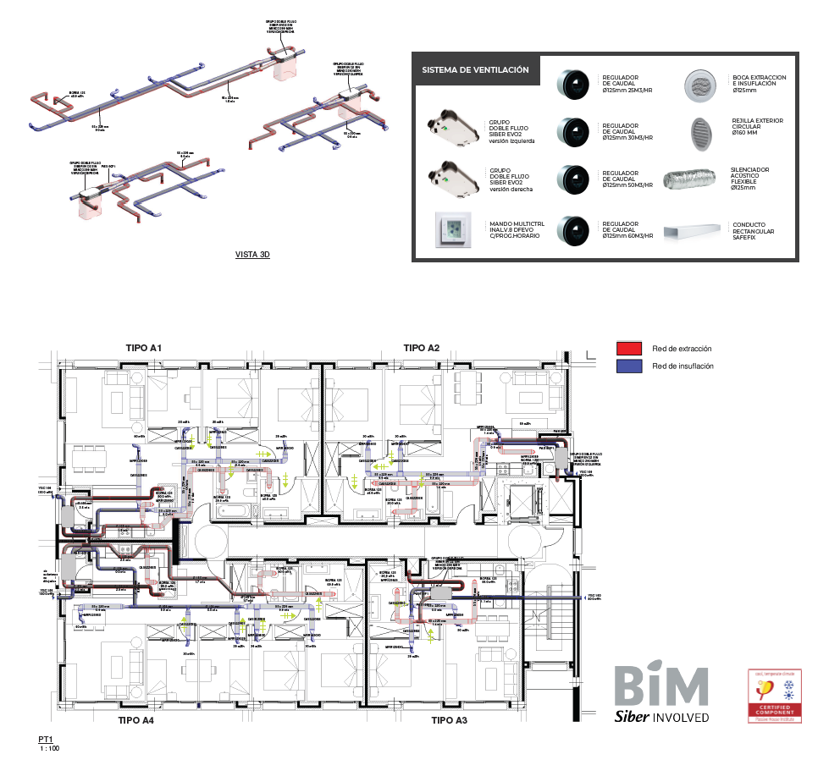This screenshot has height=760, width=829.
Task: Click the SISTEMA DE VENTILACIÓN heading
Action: [476, 70]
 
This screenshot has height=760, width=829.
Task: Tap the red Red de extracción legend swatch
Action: [629, 349]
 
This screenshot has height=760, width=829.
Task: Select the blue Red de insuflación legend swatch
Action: [629, 366]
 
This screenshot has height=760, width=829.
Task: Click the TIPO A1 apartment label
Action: [144, 348]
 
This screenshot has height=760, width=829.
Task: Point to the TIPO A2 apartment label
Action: [422, 348]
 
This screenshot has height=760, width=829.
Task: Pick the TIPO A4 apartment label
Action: [135, 720]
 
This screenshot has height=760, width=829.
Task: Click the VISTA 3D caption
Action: [251, 254]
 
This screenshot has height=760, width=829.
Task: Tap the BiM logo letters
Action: [660, 686]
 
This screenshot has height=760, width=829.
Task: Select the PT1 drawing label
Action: [46, 740]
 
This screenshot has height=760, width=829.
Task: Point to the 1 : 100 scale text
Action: [49, 748]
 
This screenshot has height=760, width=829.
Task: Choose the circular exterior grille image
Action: [699, 130]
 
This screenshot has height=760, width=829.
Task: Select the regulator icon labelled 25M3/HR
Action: [571, 83]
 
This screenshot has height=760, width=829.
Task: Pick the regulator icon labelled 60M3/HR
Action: [571, 229]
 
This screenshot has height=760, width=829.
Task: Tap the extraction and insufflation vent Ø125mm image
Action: [699, 83]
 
